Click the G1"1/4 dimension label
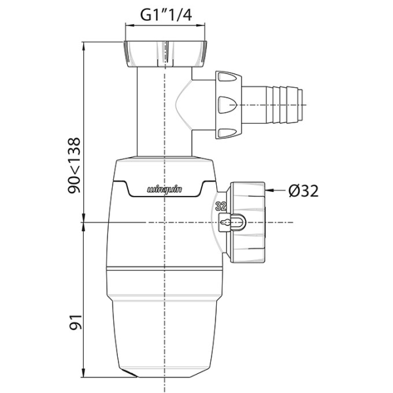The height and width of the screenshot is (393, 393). (x=166, y=14)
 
